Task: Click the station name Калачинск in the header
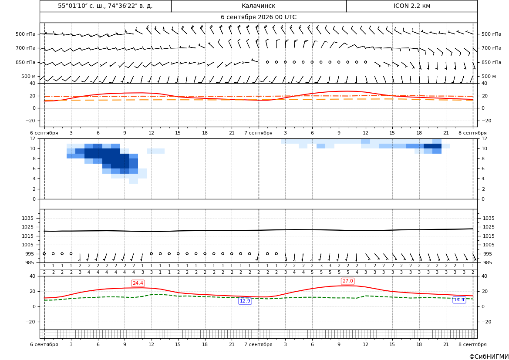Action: pyautogui.click(x=258, y=6)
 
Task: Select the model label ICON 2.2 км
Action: pyautogui.click(x=411, y=6)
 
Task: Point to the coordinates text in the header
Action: pyautogui.click(x=105, y=6)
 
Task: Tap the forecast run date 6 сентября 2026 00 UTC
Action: pyautogui.click(x=258, y=17)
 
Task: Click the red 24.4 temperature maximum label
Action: pyautogui.click(x=138, y=283)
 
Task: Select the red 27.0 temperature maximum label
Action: pyautogui.click(x=347, y=281)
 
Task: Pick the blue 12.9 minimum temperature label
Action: pyautogui.click(x=245, y=301)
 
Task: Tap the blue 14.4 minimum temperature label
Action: pyautogui.click(x=459, y=299)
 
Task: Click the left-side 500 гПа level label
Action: pyautogui.click(x=26, y=34)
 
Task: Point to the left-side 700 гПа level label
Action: pyautogui.click(x=26, y=48)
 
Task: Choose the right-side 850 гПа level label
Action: pyautogui.click(x=491, y=62)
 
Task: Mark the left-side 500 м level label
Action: pyautogui.click(x=28, y=76)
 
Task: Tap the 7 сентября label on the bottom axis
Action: pyautogui.click(x=258, y=344)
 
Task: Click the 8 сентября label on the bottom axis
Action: pyautogui.click(x=472, y=344)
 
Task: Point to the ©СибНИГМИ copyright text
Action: pyautogui.click(x=489, y=357)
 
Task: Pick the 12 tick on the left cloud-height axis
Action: pyautogui.click(x=33, y=138)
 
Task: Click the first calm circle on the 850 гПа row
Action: pyautogui.click(x=267, y=62)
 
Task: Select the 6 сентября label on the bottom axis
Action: pyautogui.click(x=44, y=344)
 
